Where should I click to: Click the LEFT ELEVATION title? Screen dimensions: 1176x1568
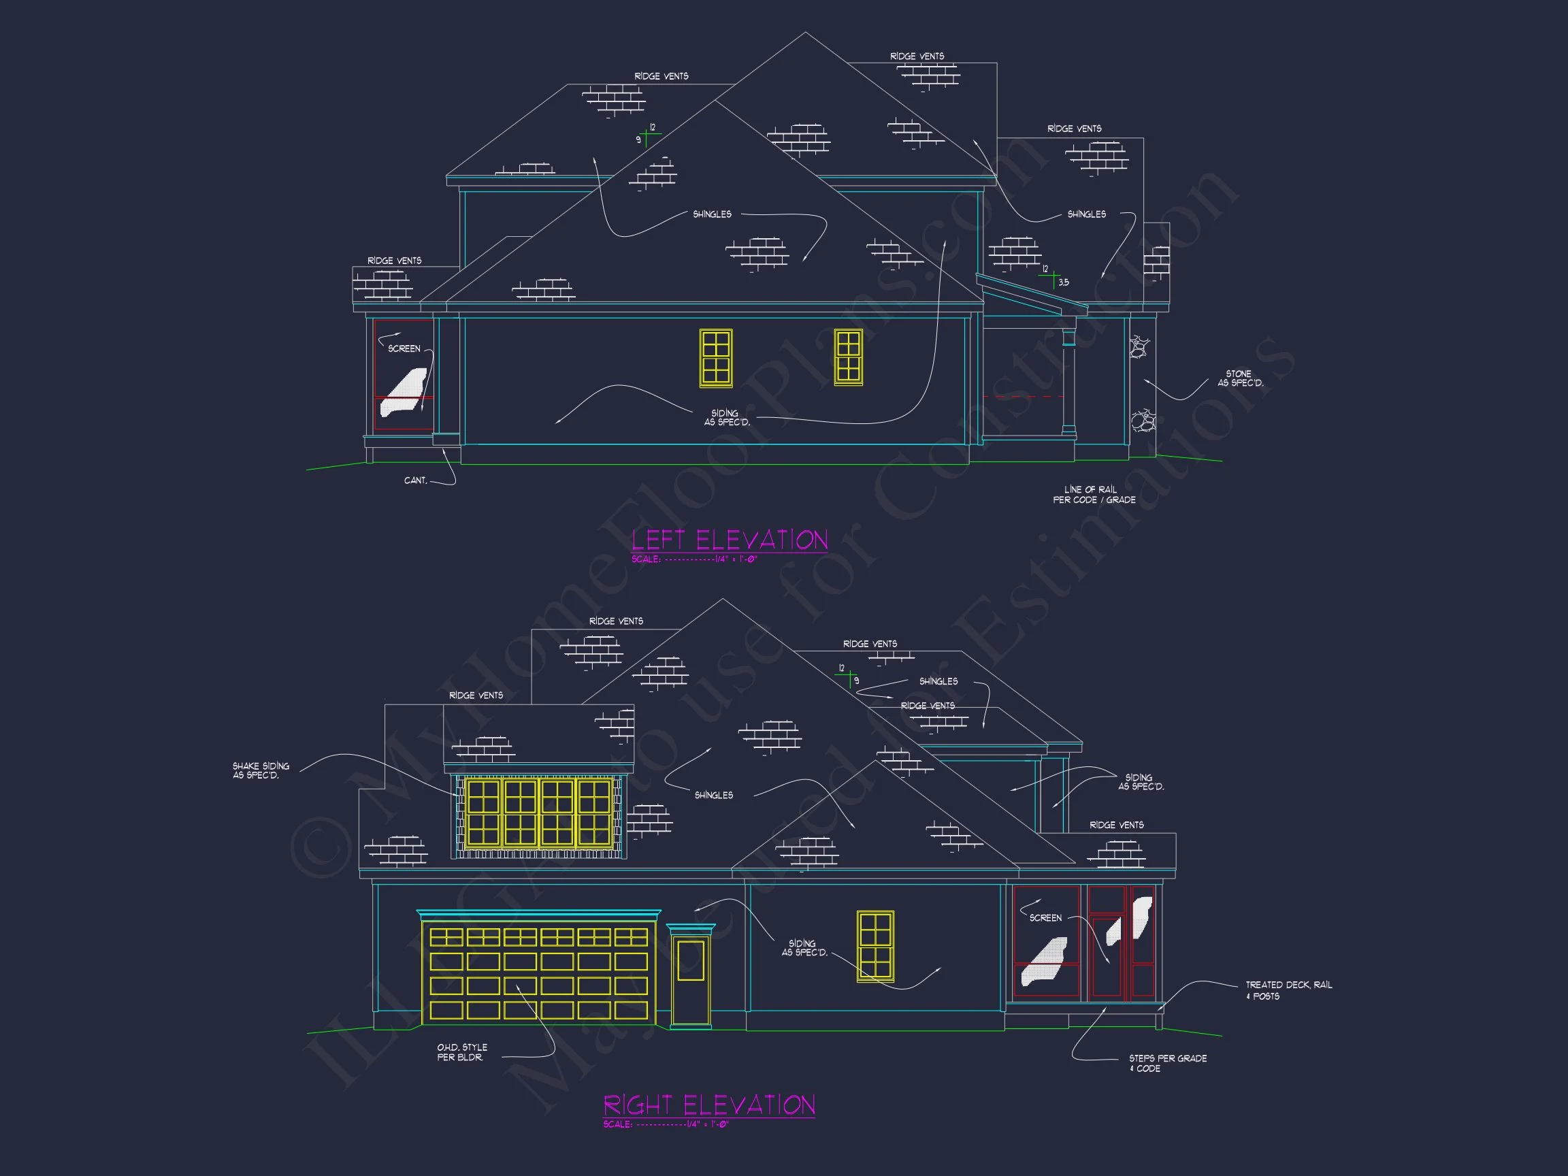(730, 540)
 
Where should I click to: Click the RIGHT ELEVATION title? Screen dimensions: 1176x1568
(709, 1105)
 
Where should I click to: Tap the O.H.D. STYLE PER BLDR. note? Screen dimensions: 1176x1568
(461, 1052)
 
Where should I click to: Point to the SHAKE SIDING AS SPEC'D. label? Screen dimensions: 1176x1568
(261, 770)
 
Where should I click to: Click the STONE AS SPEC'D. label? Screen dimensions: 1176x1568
(1240, 378)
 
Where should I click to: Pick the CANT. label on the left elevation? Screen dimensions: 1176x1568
(415, 480)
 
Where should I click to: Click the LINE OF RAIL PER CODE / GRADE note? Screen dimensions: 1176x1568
(1094, 495)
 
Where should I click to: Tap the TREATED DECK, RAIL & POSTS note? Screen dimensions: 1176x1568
(1288, 990)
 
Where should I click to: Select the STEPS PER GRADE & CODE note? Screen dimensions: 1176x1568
(1168, 1063)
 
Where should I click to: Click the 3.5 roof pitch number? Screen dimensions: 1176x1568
(1063, 283)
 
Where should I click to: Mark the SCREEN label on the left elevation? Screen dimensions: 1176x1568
(404, 348)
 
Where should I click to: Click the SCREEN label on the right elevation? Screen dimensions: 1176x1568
(1045, 918)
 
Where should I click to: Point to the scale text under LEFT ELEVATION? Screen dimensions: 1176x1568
(695, 559)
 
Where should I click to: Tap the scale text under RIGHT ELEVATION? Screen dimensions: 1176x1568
(666, 1124)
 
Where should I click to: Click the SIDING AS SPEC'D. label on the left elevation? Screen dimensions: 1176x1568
(726, 417)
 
